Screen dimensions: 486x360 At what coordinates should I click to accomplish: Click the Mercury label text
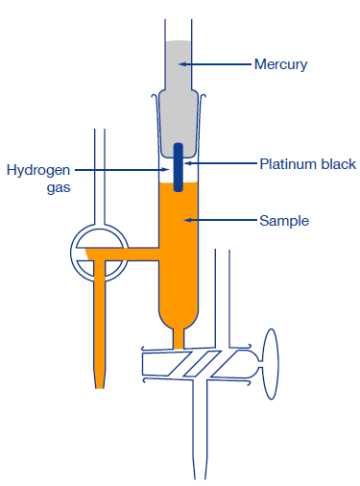(279, 65)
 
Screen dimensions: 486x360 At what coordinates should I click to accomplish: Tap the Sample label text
(280, 220)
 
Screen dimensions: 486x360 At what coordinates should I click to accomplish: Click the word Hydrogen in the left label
(39, 170)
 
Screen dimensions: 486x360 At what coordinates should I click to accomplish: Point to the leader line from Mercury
(216, 65)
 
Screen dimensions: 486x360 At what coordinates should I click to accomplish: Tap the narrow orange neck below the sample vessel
(179, 337)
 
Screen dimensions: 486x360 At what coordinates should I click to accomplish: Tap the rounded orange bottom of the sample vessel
(179, 312)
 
